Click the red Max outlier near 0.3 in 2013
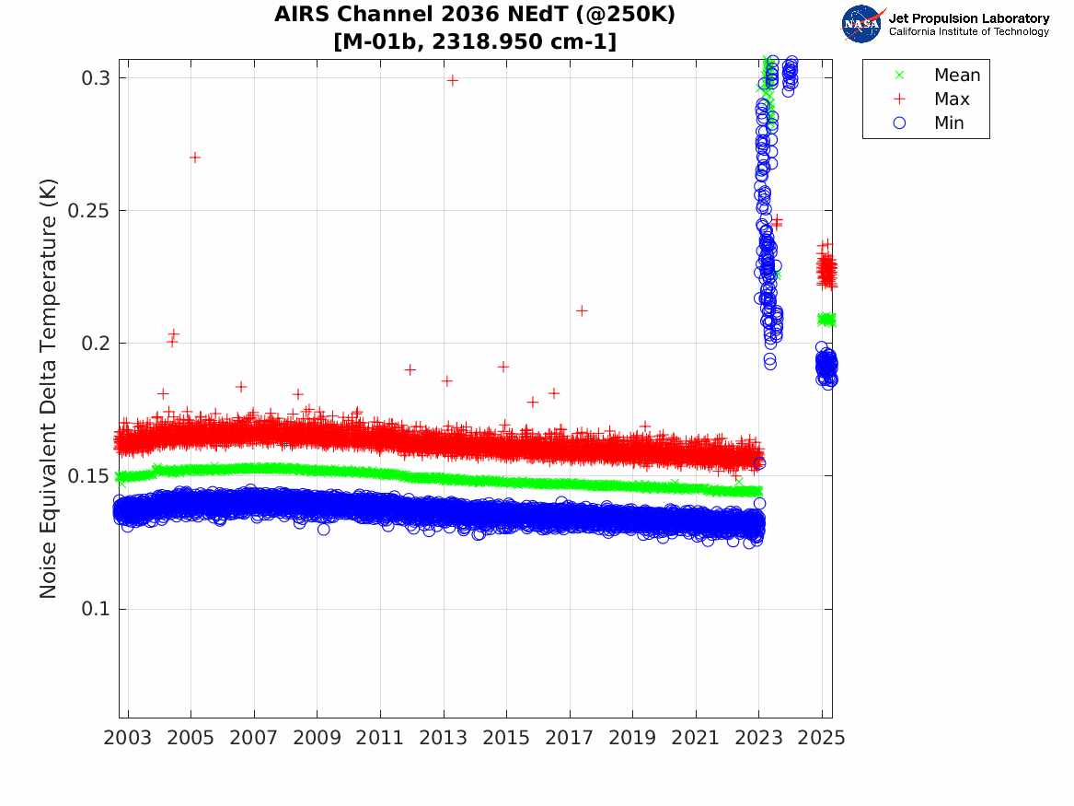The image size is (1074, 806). (452, 80)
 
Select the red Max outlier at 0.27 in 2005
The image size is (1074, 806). (194, 158)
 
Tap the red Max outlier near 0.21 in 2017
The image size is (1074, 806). (582, 310)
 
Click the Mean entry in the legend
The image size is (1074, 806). (939, 75)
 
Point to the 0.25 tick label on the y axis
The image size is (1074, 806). (88, 210)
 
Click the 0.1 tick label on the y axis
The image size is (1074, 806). (95, 609)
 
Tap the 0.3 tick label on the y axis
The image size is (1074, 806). (95, 78)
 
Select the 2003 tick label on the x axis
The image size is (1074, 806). (127, 738)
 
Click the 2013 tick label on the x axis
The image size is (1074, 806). (444, 738)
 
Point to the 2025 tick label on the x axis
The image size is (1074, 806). (822, 738)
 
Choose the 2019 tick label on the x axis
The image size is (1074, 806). (632, 738)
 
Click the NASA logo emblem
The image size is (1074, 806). (862, 24)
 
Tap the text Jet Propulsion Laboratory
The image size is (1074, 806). (969, 18)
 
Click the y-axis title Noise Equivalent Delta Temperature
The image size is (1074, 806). (48, 389)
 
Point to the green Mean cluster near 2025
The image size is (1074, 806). (826, 320)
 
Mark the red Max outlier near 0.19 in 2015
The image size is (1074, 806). (502, 367)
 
